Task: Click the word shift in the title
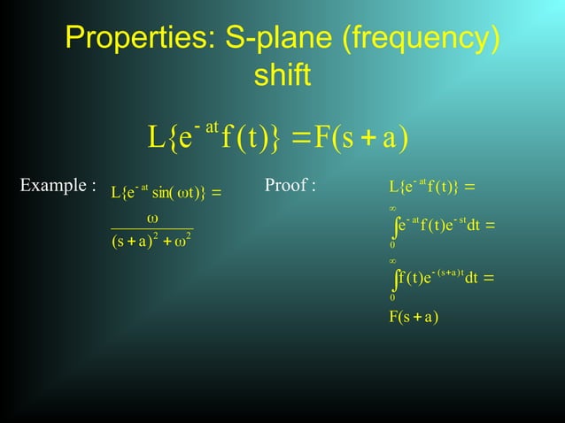[x=282, y=76]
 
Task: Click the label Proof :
[x=290, y=186]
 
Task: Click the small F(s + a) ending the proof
[x=414, y=317]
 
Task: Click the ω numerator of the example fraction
[x=152, y=217]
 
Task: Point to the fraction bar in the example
[x=151, y=229]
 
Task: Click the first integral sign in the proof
[x=393, y=227]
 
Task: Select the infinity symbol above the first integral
[x=392, y=209]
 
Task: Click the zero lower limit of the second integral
[x=392, y=297]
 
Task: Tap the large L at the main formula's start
[x=156, y=138]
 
